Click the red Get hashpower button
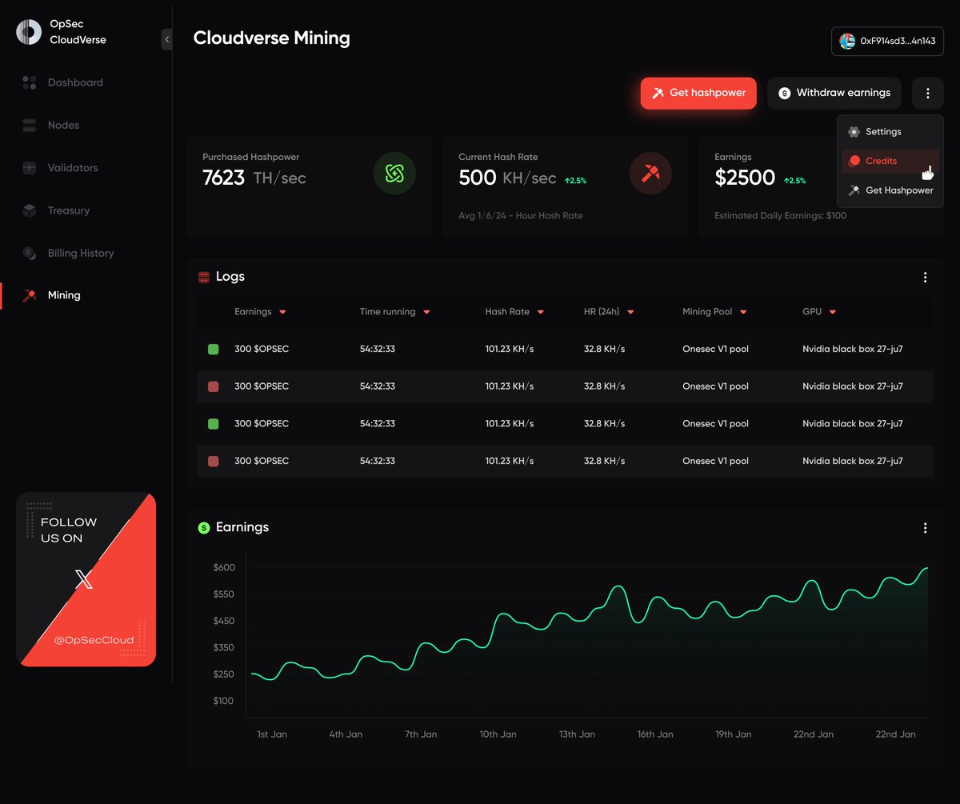point(698,93)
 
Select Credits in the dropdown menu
point(881,161)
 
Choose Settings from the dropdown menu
point(883,132)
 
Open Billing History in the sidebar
point(80,253)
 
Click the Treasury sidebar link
point(68,210)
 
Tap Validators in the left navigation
point(72,168)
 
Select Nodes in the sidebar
point(63,125)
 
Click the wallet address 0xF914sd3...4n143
point(887,41)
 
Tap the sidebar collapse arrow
point(166,39)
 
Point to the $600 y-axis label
point(224,568)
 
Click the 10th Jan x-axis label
point(498,734)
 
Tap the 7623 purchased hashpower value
point(223,178)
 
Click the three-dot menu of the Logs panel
point(925,278)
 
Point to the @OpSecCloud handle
point(94,640)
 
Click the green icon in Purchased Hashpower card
point(394,174)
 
